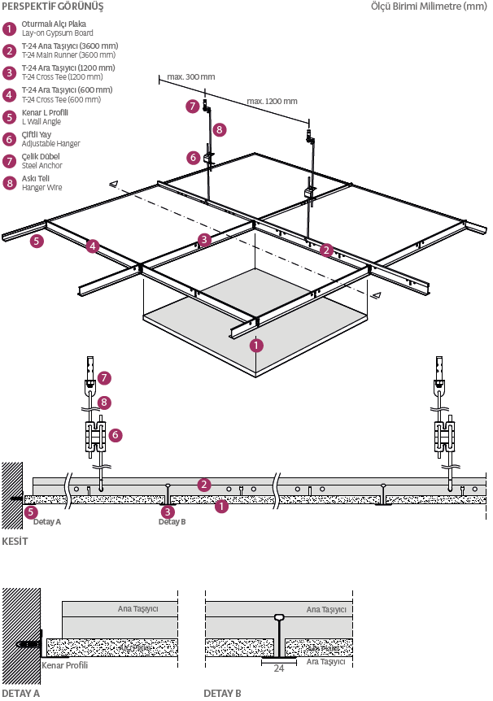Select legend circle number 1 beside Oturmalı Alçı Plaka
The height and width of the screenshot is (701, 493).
[x=9, y=28]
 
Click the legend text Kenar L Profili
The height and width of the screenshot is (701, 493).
[x=45, y=112]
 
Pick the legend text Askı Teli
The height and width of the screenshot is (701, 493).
[x=36, y=178]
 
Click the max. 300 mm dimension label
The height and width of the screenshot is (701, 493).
[x=190, y=76]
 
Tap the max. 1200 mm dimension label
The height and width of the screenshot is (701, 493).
[x=272, y=102]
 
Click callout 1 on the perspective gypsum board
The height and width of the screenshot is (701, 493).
[x=256, y=345]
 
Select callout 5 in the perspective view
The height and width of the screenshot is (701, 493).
[x=36, y=241]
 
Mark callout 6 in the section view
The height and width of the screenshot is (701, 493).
[x=116, y=435]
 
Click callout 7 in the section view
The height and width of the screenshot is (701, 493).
[x=103, y=377]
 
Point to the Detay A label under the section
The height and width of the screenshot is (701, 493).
[x=47, y=521]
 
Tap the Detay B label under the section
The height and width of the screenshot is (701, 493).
[x=172, y=521]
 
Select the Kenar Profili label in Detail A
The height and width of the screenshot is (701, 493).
[x=64, y=665]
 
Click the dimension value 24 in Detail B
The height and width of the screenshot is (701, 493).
[x=279, y=668]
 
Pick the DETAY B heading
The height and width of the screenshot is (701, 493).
[x=222, y=694]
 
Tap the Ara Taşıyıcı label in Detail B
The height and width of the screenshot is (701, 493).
[x=325, y=662]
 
